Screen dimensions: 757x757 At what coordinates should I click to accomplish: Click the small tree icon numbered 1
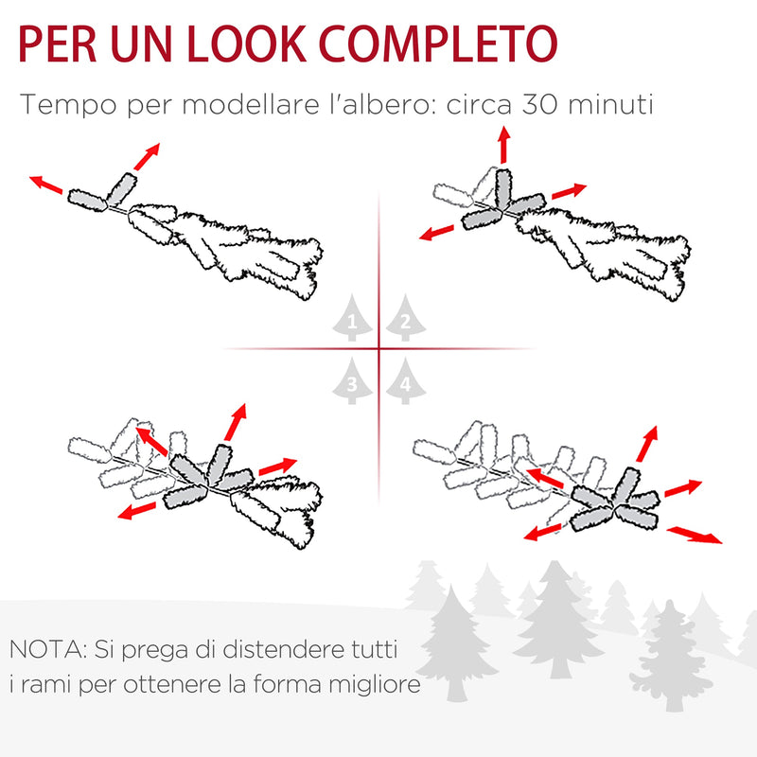[x=352, y=320]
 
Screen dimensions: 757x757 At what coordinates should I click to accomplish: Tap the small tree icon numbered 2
[x=404, y=320]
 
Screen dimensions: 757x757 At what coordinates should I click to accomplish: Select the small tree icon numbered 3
[x=352, y=382]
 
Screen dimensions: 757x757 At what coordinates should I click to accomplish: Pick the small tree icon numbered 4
[x=404, y=382]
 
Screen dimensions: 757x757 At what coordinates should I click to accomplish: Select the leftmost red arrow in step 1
[x=45, y=184]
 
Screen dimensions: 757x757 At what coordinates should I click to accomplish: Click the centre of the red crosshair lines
[x=378, y=349]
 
